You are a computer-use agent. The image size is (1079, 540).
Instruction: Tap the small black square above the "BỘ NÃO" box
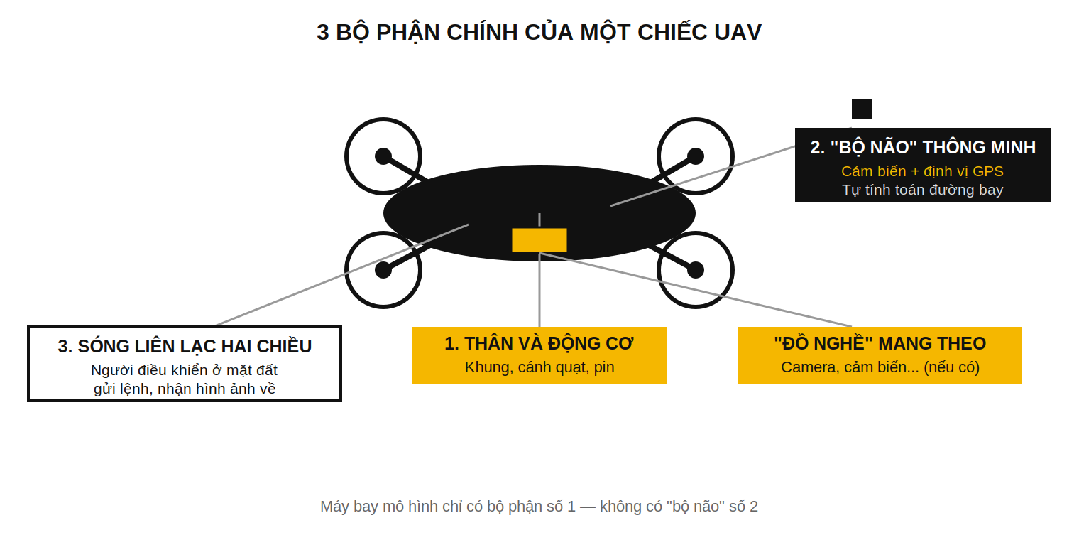pyautogui.click(x=862, y=109)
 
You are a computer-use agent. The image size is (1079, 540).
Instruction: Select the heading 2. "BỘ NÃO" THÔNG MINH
pyautogui.click(x=923, y=148)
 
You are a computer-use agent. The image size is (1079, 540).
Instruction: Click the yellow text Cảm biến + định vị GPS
pyautogui.click(x=922, y=171)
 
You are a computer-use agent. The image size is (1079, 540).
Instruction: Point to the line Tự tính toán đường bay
pyautogui.click(x=922, y=190)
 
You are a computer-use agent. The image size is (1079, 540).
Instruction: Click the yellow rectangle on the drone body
pyautogui.click(x=539, y=240)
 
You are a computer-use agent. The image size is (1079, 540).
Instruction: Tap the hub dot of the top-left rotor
pyautogui.click(x=383, y=156)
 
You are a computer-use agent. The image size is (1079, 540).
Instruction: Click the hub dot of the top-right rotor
pyautogui.click(x=696, y=156)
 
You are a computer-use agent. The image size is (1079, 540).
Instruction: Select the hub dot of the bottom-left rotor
pyautogui.click(x=383, y=270)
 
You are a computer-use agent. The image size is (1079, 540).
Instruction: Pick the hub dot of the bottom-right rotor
pyautogui.click(x=696, y=270)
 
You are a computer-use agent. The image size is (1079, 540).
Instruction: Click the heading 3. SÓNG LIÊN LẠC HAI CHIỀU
pyautogui.click(x=185, y=346)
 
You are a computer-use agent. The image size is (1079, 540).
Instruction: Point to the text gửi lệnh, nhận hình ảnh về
pyautogui.click(x=185, y=389)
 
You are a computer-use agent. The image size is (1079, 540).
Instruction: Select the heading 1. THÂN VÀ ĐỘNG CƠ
pyautogui.click(x=539, y=344)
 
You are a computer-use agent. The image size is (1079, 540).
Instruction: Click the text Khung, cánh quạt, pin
pyautogui.click(x=539, y=367)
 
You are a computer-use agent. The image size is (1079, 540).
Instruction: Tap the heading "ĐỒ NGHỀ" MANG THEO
pyautogui.click(x=880, y=344)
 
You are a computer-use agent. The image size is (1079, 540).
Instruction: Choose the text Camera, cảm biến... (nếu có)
pyautogui.click(x=880, y=367)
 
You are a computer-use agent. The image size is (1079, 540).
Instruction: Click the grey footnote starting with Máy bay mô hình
pyautogui.click(x=539, y=507)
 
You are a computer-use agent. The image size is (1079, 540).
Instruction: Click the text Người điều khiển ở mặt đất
pyautogui.click(x=184, y=370)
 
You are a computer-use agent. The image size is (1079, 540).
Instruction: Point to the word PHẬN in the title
pyautogui.click(x=408, y=33)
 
